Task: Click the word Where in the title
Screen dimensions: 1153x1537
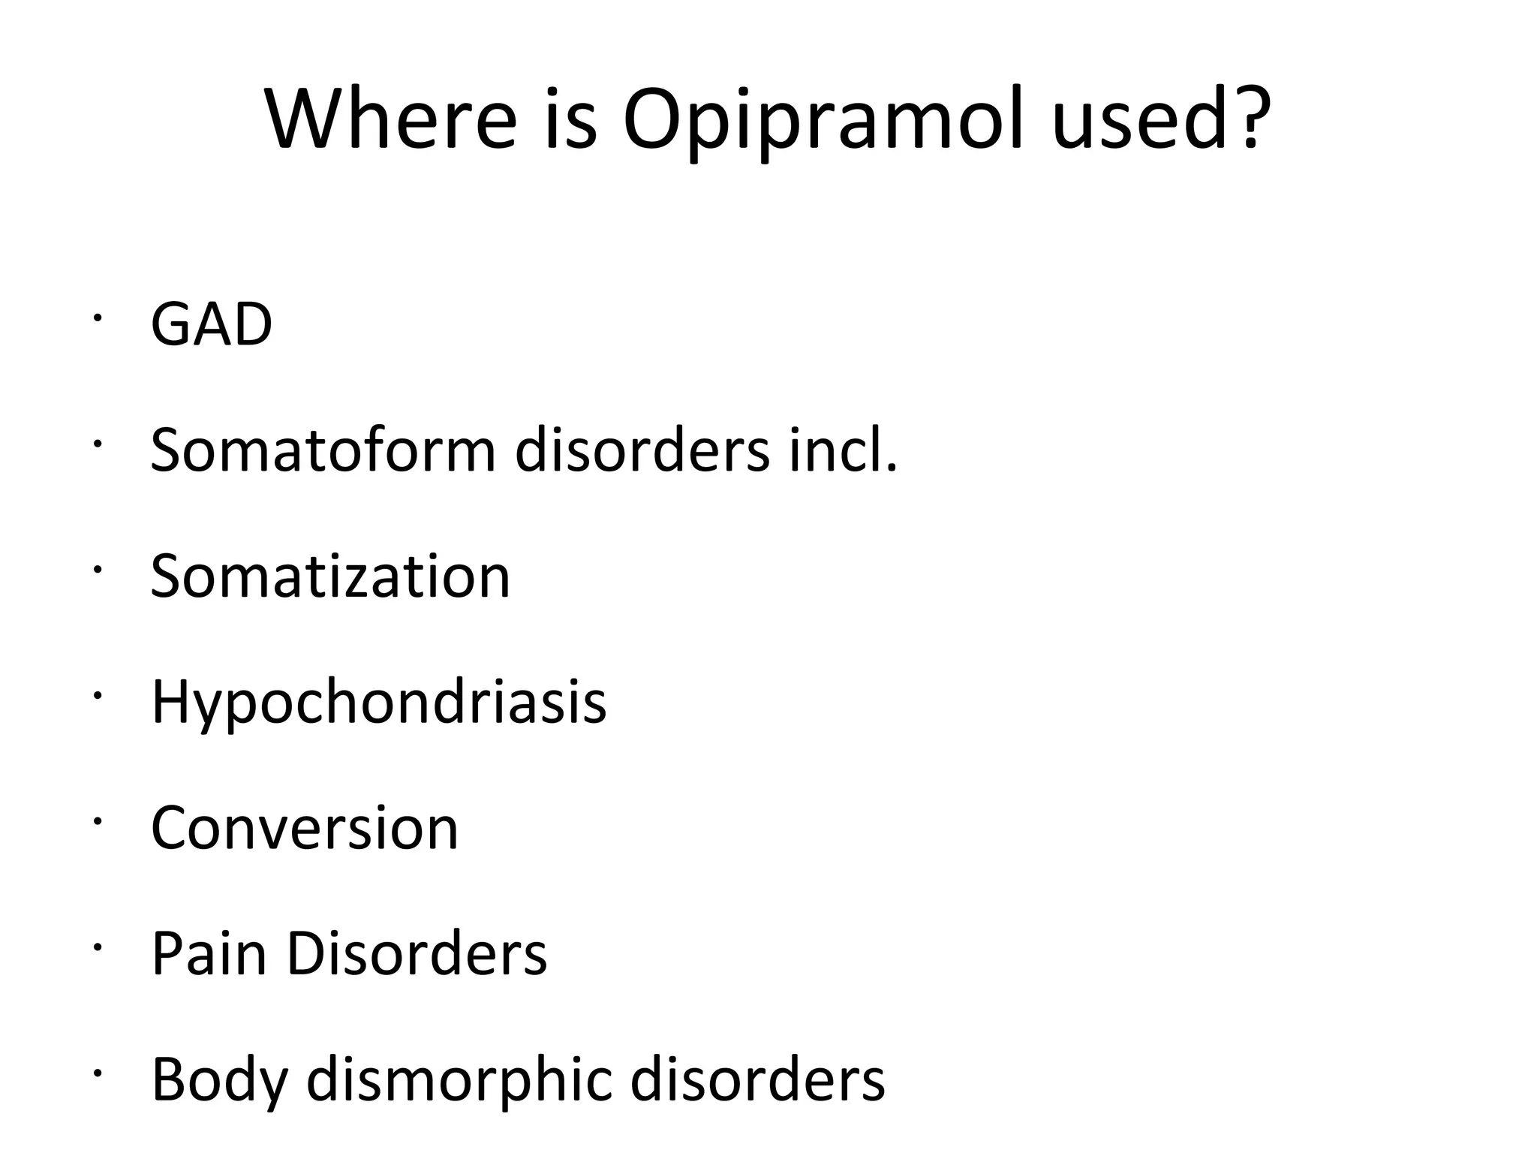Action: point(391,120)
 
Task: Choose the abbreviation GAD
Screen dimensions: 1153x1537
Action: point(212,324)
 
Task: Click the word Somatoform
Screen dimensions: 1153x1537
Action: point(323,450)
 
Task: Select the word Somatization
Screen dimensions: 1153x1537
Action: point(330,576)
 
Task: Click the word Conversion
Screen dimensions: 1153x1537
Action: point(304,828)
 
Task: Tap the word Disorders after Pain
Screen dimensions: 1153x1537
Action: point(417,953)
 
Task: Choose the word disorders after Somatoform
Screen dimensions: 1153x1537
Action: point(642,450)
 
